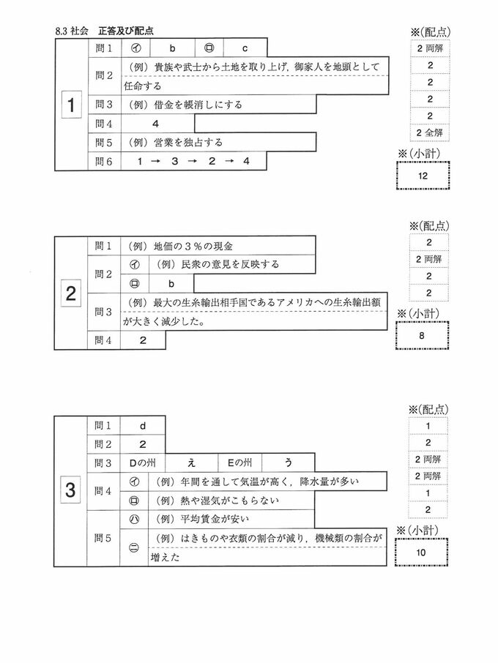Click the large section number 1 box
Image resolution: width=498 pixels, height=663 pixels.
coord(70,106)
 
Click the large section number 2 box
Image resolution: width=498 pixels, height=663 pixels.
coord(70,294)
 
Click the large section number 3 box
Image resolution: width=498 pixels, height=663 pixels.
coord(70,492)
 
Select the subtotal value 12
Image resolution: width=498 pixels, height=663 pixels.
coord(423,176)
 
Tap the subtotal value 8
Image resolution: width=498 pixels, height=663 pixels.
coord(423,336)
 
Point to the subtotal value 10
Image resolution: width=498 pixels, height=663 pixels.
coord(423,552)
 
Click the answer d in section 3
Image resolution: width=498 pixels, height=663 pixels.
coord(143,424)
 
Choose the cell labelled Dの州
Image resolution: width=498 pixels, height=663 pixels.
coord(143,462)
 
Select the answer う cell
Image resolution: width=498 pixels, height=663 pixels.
coord(289,462)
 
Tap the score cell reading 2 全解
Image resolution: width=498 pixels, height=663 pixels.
coord(429,132)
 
